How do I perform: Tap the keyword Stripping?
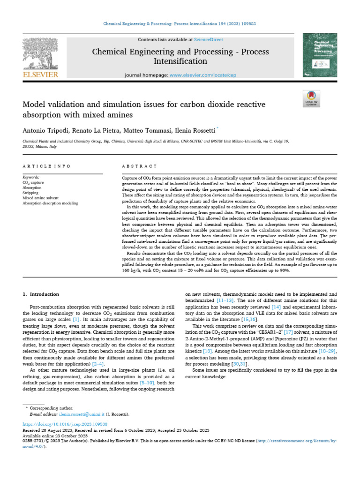pyautogui.click(x=30, y=192)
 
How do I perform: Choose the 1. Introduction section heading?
pyautogui.click(x=41, y=294)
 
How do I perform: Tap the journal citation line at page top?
pyautogui.click(x=180, y=24)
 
